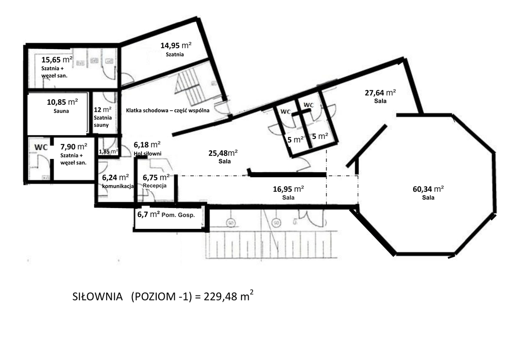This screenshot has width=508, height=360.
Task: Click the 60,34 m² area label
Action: pos(428,189)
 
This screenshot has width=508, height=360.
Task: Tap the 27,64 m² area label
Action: pos(381,93)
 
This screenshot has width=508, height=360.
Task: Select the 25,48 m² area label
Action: pos(223,153)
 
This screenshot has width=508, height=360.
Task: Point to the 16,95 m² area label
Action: pos(288,189)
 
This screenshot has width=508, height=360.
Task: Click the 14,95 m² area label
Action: pos(176,45)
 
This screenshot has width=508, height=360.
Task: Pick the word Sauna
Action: pos(61,111)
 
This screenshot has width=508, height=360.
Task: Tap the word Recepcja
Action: pos(155,186)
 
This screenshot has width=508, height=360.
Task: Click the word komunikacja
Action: pos(118,186)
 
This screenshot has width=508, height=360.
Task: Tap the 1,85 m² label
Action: pos(109,151)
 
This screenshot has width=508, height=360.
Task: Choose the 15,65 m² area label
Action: pos(57,60)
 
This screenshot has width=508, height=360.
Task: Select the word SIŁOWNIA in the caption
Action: pos(98,297)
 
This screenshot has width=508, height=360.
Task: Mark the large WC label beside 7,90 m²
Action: pos(41,147)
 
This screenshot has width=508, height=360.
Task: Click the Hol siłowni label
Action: pos(147,153)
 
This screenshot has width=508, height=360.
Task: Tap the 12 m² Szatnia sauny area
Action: pos(103,117)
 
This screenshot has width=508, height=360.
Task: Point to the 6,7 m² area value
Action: pos(148,214)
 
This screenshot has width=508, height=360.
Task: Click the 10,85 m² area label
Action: pos(62,102)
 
